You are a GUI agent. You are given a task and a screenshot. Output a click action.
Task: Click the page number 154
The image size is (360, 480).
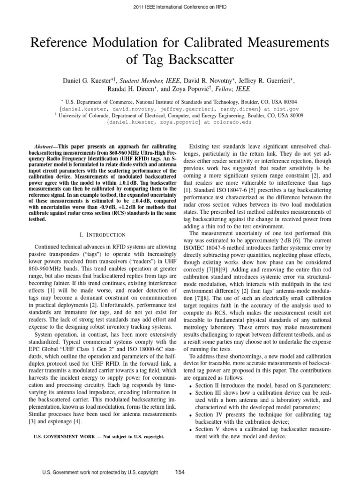(180, 471)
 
